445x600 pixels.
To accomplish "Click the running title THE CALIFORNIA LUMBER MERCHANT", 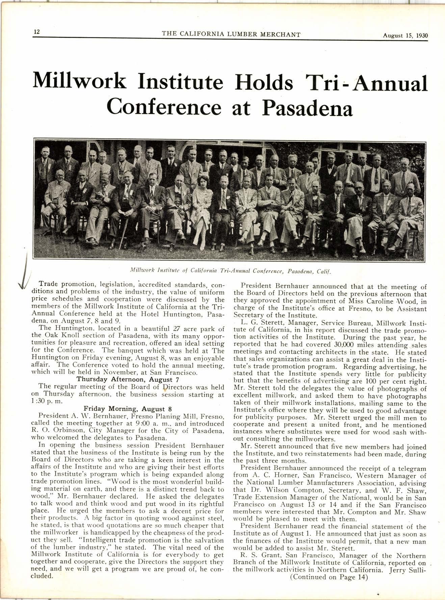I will (x=231, y=34).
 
